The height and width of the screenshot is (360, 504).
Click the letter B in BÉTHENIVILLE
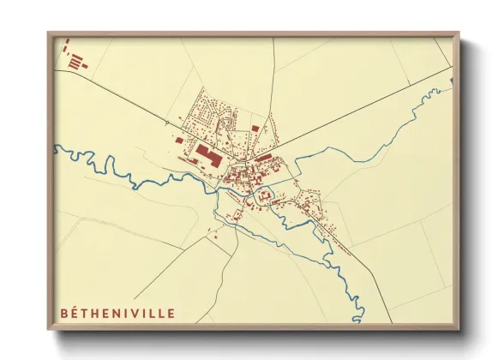point(64,314)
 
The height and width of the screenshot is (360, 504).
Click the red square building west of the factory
point(178,140)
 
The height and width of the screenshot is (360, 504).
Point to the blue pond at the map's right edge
point(451,81)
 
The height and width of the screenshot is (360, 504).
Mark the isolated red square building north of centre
point(255,128)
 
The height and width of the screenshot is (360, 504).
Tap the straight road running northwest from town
point(129,103)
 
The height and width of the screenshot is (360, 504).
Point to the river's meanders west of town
point(129,176)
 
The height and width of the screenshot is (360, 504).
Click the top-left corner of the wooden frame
point(50,35)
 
